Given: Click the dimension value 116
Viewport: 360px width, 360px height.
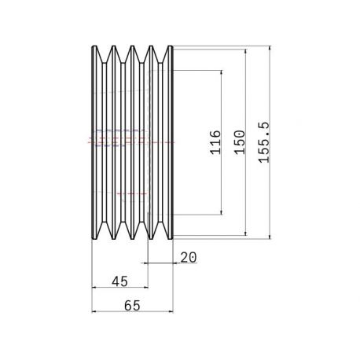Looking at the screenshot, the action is pyautogui.click(x=215, y=142).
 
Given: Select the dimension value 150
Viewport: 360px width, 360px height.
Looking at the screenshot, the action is pyautogui.click(x=240, y=142).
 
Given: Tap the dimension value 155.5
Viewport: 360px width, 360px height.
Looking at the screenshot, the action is pyautogui.click(x=264, y=142).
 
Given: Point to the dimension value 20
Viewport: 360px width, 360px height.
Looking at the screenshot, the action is pyautogui.click(x=189, y=257).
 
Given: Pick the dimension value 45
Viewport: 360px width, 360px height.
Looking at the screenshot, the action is pyautogui.click(x=120, y=281).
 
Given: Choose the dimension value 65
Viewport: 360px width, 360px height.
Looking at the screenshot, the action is pyautogui.click(x=132, y=306).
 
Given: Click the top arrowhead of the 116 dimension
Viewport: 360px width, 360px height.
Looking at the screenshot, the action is pyautogui.click(x=222, y=72).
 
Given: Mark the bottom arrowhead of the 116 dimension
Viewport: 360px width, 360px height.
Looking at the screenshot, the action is pyautogui.click(x=222, y=212).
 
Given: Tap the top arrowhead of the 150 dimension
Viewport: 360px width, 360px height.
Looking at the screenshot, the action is pyautogui.click(x=245, y=51).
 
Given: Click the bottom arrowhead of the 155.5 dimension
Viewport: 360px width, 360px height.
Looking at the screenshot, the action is pyautogui.click(x=270, y=237).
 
